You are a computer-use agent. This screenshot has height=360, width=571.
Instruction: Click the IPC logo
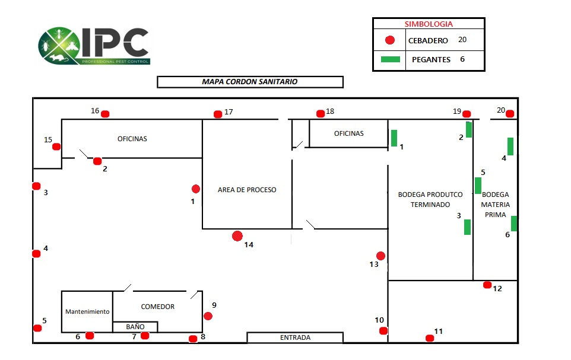pos(94,46)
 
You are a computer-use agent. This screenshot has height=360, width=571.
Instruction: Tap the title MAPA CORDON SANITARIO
pos(250,82)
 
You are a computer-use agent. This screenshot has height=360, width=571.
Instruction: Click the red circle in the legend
pos(390,41)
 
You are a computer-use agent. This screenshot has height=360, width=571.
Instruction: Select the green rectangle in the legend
pos(390,59)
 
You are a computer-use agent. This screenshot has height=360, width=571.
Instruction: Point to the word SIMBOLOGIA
pos(429,24)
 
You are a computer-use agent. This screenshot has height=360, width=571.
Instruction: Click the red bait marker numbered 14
pos(237,236)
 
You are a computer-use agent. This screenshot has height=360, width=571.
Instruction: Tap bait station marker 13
pos(381,256)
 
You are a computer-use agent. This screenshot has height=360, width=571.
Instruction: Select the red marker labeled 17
pos(218,114)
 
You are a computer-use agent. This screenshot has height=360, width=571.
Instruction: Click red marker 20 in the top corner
pos(510,114)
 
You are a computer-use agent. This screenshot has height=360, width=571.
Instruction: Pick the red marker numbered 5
pos(37,328)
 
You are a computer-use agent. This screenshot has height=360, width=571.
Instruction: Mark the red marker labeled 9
pos(208,316)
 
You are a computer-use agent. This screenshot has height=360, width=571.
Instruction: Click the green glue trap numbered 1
pos(394,138)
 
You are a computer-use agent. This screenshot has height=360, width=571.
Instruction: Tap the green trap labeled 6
pos(514,224)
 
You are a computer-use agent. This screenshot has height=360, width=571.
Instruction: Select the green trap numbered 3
pos(467,227)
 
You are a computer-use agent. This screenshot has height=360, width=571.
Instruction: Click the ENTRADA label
pos(295,338)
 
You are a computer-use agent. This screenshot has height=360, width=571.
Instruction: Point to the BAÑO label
pos(135,327)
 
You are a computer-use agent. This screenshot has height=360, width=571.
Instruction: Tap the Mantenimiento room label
pos(87,311)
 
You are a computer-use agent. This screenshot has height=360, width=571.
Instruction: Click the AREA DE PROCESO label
pos(247,190)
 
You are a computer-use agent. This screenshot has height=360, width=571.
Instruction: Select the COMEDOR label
pos(158,307)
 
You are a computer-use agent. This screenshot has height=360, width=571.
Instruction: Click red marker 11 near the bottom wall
pos(430,338)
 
